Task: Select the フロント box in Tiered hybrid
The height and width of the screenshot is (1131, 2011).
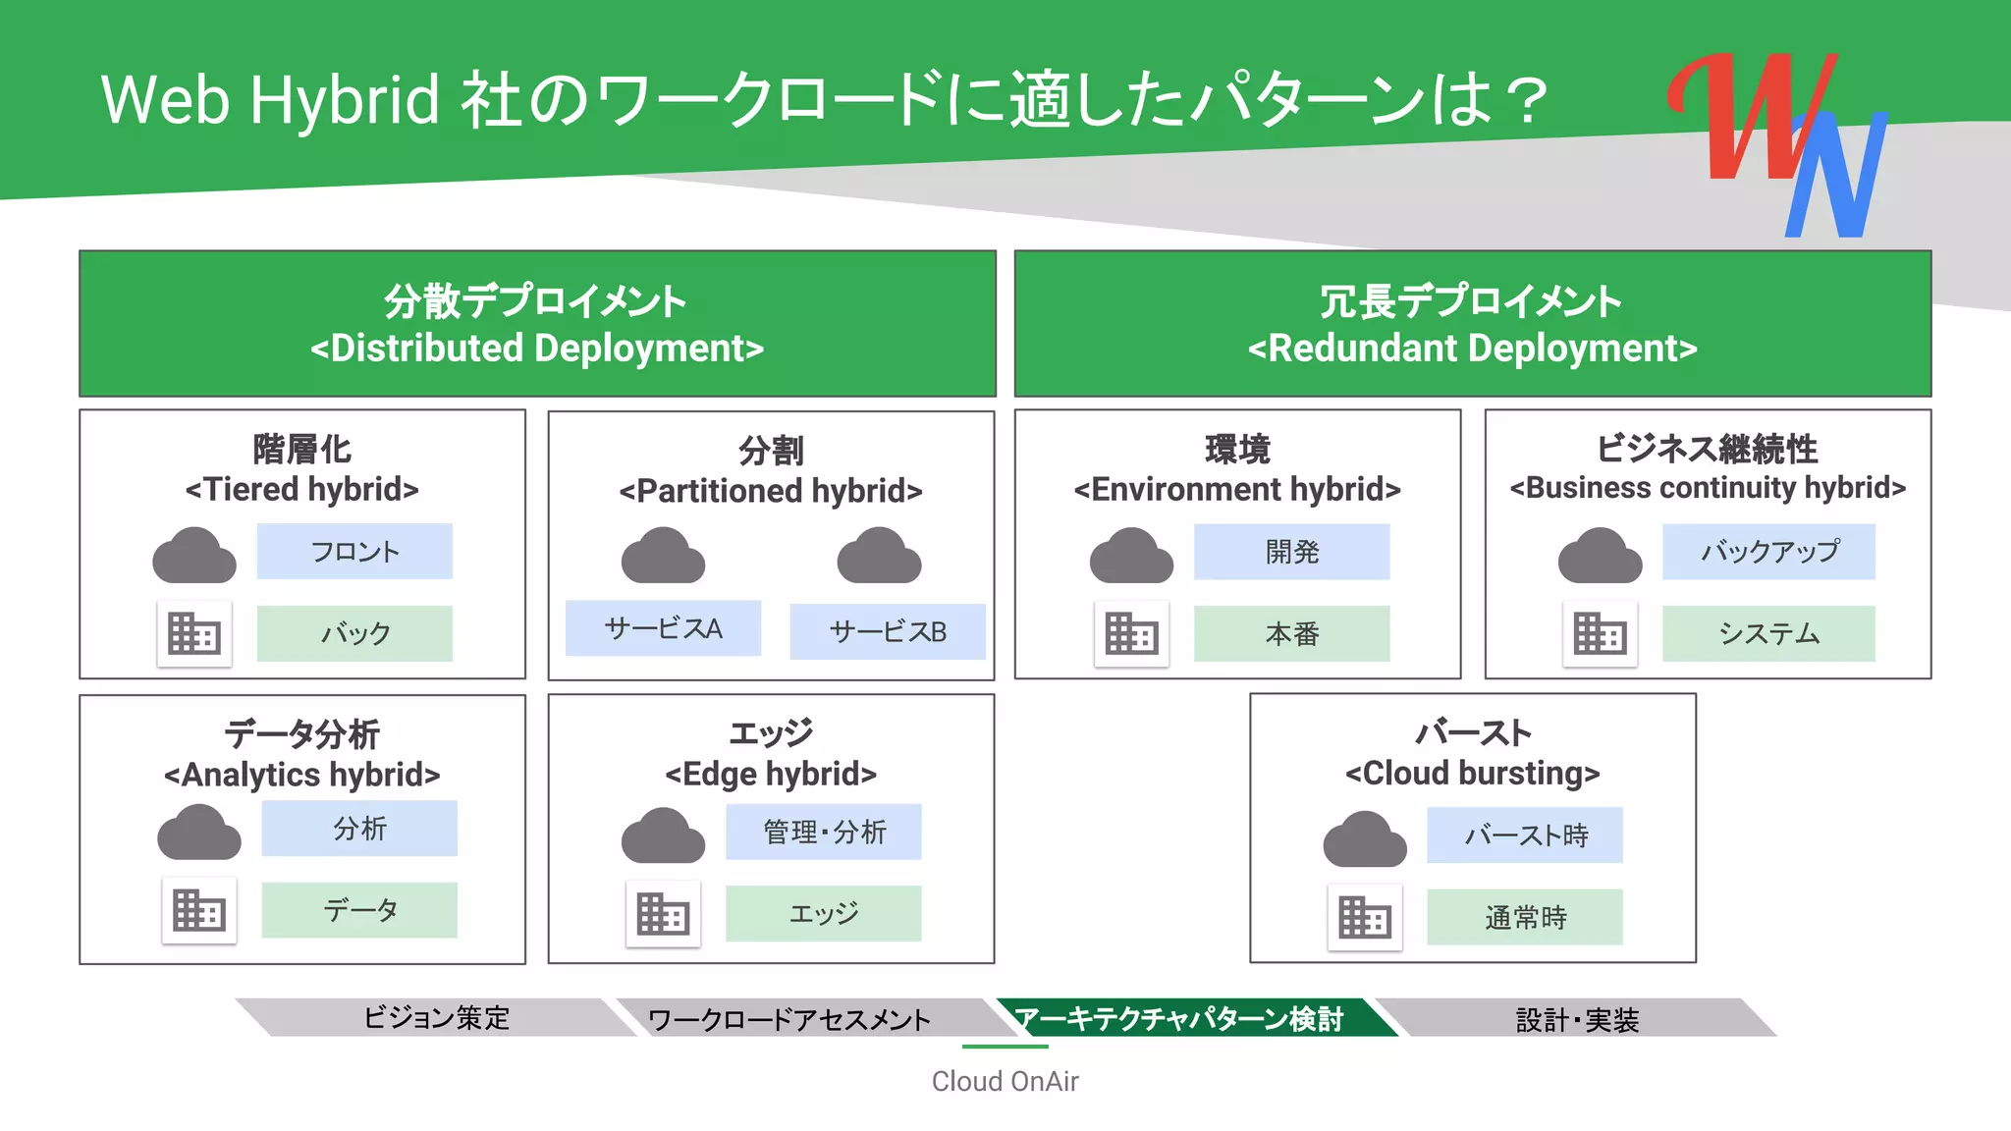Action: (x=354, y=551)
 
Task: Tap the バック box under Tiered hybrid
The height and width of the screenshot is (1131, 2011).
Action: (x=354, y=633)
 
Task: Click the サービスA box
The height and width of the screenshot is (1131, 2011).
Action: (x=663, y=628)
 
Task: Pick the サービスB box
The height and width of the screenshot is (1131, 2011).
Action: (x=888, y=631)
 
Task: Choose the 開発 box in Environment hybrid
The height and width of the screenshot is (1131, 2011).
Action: (x=1291, y=552)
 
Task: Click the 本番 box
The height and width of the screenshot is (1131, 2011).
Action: (x=1291, y=633)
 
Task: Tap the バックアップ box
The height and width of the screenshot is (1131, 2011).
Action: (x=1768, y=552)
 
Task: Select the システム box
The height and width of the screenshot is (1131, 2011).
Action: (x=1768, y=633)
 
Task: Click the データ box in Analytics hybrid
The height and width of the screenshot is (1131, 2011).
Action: (x=359, y=910)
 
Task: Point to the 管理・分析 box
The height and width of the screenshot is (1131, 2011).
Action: (x=824, y=833)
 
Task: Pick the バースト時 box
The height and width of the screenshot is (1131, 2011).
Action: (x=1525, y=835)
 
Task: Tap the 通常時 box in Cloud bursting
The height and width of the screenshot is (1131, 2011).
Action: (x=1525, y=917)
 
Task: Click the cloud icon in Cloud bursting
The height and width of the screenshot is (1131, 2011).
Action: (x=1365, y=840)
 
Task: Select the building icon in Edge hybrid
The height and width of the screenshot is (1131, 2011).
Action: (x=663, y=914)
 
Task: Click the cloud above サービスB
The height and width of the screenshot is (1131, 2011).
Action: (x=879, y=557)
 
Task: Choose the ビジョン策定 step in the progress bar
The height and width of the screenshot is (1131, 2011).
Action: (x=436, y=1018)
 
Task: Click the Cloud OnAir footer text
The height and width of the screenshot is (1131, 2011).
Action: (x=1005, y=1081)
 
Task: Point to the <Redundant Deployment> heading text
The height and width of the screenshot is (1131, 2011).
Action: (x=1472, y=349)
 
